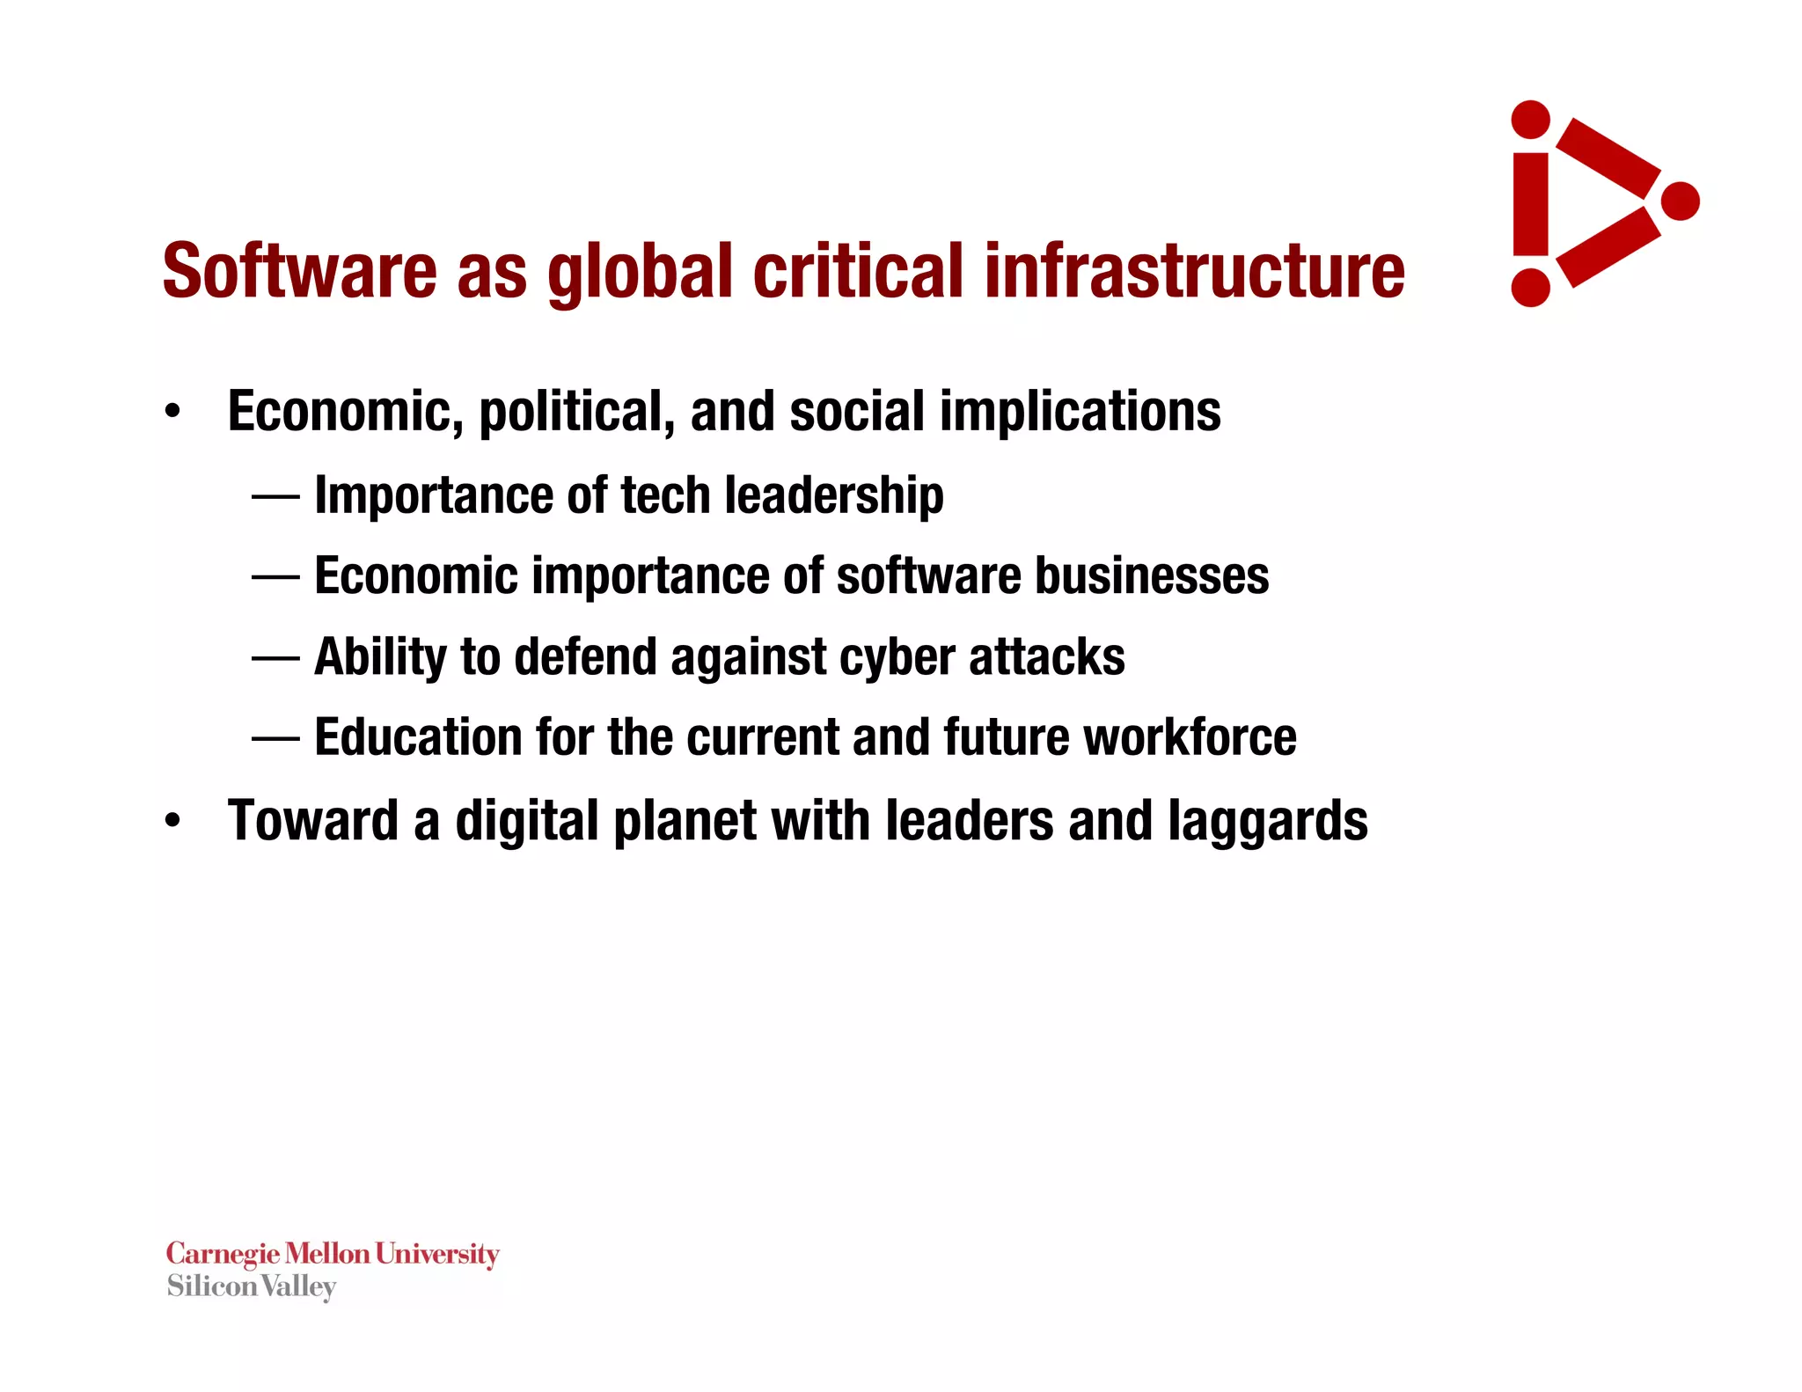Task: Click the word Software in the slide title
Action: click(x=299, y=270)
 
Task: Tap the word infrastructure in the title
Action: click(x=1194, y=270)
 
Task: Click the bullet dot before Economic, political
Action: click(x=172, y=411)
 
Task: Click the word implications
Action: click(x=1080, y=412)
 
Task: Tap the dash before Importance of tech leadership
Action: click(x=275, y=496)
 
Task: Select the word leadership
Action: click(x=834, y=495)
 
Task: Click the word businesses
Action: click(x=1152, y=575)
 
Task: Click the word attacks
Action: click(x=1047, y=656)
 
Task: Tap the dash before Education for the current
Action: click(x=275, y=738)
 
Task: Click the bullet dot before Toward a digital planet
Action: click(x=172, y=820)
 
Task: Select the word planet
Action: click(x=685, y=821)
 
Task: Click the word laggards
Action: click(x=1268, y=821)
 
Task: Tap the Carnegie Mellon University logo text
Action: click(x=333, y=1253)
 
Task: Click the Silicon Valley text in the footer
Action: click(x=252, y=1286)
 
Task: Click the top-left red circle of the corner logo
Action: click(x=1530, y=120)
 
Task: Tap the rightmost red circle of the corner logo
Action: click(x=1680, y=201)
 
